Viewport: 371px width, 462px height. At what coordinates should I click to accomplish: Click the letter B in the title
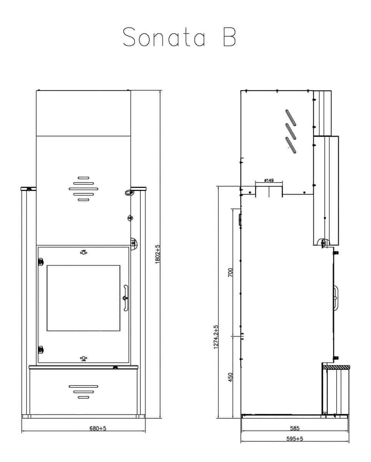[230, 37]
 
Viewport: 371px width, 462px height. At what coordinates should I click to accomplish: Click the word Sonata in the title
[164, 37]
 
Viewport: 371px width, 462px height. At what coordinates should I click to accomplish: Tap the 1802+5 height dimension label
[158, 254]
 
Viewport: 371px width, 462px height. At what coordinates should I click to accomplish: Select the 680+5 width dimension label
[98, 428]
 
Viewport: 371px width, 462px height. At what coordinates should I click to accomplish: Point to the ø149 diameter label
[269, 180]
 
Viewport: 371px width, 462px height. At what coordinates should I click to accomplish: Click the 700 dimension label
[230, 273]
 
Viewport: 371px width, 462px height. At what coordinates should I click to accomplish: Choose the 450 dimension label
[230, 377]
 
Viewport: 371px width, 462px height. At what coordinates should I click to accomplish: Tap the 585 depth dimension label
[294, 428]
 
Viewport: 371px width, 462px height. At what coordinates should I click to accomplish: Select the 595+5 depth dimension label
[294, 439]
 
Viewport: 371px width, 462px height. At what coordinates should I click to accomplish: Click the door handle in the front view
[126, 298]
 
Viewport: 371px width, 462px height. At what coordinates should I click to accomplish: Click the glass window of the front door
[83, 298]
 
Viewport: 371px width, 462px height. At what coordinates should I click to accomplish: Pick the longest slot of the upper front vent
[83, 189]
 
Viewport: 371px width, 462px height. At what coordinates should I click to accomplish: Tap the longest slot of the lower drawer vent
[83, 387]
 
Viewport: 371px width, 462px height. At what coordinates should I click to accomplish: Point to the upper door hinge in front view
[40, 262]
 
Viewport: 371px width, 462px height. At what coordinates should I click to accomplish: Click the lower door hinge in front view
[40, 350]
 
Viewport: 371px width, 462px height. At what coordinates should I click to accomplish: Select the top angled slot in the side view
[291, 118]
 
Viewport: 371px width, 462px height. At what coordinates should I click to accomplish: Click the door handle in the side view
[336, 298]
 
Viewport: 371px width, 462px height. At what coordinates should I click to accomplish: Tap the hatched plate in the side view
[336, 367]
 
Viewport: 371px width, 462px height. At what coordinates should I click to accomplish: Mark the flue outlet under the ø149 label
[269, 192]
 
